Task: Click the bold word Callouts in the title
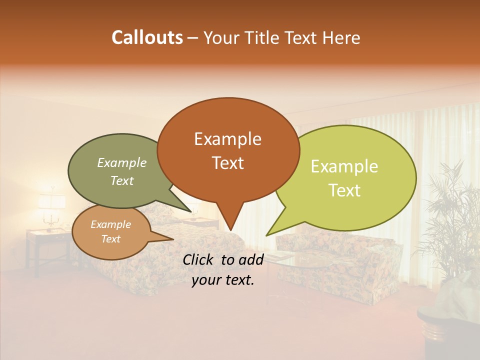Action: pos(147,37)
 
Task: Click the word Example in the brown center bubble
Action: pos(228,139)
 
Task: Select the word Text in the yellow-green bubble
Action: pos(345,190)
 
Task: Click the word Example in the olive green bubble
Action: pos(122,163)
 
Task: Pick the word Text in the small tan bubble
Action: pos(111,239)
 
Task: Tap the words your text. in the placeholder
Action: pos(223,280)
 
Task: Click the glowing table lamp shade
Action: pos(51,201)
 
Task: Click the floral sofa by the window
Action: pos(340,260)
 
